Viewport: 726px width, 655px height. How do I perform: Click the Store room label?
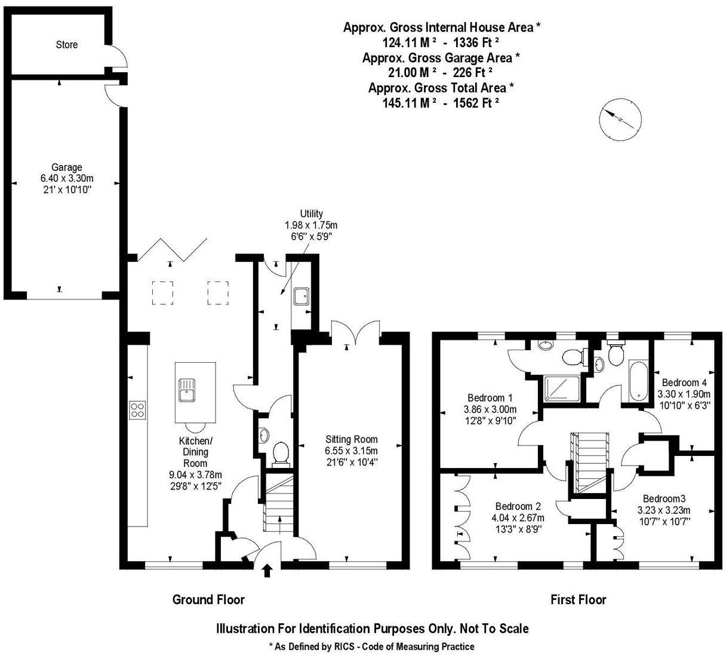pyautogui.click(x=67, y=45)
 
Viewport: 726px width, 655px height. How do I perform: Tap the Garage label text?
pyautogui.click(x=67, y=167)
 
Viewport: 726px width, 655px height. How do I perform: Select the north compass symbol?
pyautogui.click(x=620, y=119)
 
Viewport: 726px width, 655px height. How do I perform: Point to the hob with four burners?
pyautogui.click(x=137, y=410)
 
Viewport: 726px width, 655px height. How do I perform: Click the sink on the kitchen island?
pyautogui.click(x=187, y=390)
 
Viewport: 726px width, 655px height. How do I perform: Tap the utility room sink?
pyautogui.click(x=301, y=296)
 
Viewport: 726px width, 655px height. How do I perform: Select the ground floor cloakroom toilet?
pyautogui.click(x=281, y=454)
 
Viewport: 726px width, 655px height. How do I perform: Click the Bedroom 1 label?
pyautogui.click(x=490, y=398)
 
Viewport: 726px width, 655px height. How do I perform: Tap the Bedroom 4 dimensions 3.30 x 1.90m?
pyautogui.click(x=684, y=394)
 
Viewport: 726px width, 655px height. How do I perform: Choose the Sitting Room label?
pyautogui.click(x=352, y=439)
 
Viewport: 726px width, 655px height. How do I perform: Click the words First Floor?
pyautogui.click(x=579, y=599)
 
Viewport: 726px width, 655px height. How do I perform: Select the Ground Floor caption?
pyautogui.click(x=208, y=599)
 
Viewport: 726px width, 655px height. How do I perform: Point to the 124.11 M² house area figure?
pyautogui.click(x=407, y=43)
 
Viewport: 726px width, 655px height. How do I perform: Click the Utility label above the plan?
pyautogui.click(x=311, y=213)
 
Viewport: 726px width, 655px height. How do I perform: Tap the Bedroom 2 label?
pyautogui.click(x=518, y=506)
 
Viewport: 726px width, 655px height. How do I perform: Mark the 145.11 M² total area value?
pyautogui.click(x=407, y=103)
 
